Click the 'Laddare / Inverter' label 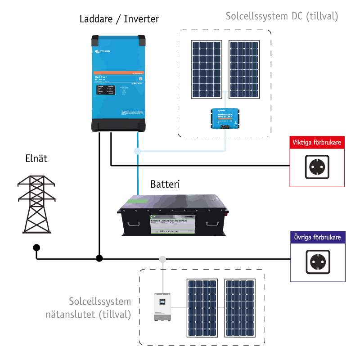[x=119, y=19]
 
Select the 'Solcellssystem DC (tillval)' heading [x=281, y=17]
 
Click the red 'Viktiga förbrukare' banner [x=317, y=143]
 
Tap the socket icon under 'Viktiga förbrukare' [x=317, y=167]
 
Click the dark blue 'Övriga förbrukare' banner [x=317, y=237]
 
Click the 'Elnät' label [x=36, y=158]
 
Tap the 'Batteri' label [x=165, y=184]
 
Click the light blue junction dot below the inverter [x=137, y=151]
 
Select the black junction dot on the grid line [x=99, y=258]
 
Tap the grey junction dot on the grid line [x=162, y=259]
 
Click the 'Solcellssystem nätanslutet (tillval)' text [x=100, y=308]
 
